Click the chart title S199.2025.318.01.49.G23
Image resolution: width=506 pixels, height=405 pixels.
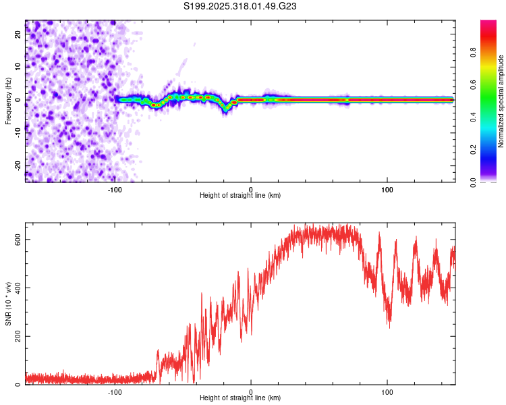(x=241, y=7)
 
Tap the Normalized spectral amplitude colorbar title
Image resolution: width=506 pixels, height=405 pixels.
(x=501, y=101)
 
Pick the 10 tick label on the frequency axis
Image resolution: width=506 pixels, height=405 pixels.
(x=18, y=67)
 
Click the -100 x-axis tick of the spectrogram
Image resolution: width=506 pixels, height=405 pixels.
(x=115, y=188)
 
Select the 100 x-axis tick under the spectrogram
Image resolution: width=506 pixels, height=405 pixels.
(x=387, y=188)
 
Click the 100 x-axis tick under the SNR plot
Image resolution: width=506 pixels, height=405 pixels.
(x=387, y=391)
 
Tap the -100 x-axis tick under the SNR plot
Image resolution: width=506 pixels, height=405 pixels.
(x=115, y=391)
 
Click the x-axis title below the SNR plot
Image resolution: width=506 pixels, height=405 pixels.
(x=240, y=398)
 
